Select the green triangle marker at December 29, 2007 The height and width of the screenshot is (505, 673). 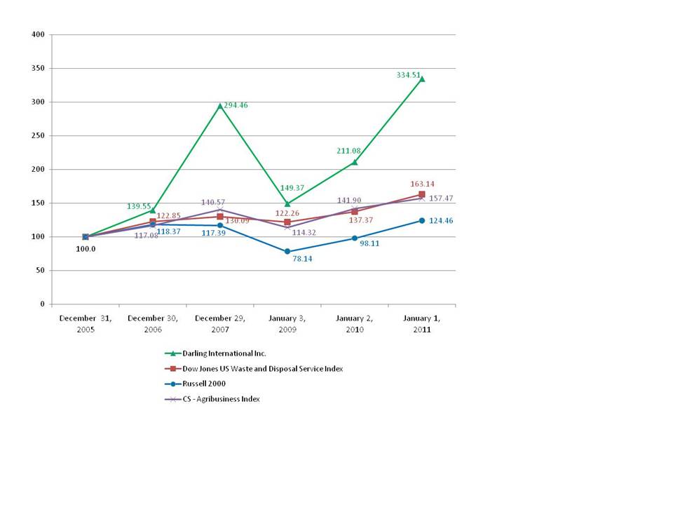[x=220, y=105]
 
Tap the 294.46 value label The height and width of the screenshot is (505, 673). [x=237, y=105]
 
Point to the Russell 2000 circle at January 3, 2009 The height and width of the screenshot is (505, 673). [x=287, y=251]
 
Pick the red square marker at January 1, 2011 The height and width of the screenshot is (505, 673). [x=422, y=194]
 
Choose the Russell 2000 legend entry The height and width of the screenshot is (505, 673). [x=203, y=384]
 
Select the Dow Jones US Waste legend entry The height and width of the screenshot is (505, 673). [x=262, y=368]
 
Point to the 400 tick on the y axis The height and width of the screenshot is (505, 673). [x=39, y=34]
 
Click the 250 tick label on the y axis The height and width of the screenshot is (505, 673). [x=39, y=135]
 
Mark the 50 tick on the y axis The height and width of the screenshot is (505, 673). [x=41, y=270]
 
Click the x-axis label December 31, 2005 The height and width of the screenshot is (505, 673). [x=86, y=323]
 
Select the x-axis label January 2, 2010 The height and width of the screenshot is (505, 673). [x=355, y=323]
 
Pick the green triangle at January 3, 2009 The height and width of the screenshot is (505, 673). [x=287, y=203]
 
